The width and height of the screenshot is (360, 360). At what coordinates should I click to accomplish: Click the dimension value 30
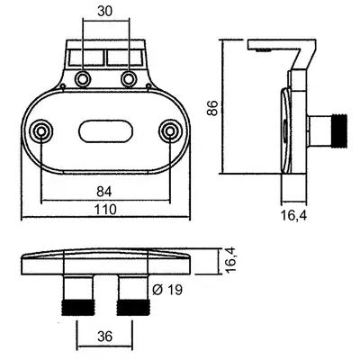(105, 12)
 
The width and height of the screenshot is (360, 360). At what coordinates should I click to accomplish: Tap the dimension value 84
(104, 192)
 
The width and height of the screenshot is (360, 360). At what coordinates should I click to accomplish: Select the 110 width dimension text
(105, 210)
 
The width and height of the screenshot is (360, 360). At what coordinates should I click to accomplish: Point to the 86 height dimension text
(212, 108)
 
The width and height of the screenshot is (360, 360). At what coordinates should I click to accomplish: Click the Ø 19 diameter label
(167, 290)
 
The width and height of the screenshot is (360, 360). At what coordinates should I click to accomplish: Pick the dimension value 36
(104, 337)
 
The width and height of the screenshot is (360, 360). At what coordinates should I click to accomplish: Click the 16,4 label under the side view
(294, 216)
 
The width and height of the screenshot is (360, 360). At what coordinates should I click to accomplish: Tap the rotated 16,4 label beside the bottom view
(230, 260)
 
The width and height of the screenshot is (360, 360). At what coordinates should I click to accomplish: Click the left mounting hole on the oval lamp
(41, 131)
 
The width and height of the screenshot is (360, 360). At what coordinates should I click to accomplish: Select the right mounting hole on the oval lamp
(170, 131)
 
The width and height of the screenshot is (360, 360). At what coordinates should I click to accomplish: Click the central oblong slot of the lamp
(105, 131)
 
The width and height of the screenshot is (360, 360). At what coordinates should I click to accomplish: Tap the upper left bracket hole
(82, 79)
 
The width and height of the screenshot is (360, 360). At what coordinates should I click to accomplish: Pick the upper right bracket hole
(129, 79)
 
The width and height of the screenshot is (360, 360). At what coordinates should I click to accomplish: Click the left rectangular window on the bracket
(86, 58)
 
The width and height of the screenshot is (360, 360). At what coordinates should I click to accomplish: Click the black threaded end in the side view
(339, 131)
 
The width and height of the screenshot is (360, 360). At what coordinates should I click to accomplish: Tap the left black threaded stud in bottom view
(78, 308)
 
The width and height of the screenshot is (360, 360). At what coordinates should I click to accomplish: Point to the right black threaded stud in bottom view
(132, 308)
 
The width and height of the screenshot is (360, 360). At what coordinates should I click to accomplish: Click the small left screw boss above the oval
(62, 86)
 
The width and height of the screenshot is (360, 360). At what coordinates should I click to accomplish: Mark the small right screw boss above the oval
(148, 86)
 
